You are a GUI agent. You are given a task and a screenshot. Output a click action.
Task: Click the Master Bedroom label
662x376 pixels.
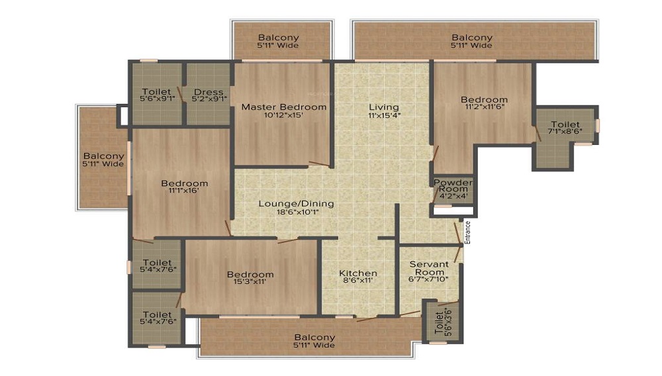coord(284,107)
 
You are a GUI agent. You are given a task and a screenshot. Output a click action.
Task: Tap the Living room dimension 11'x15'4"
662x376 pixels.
coord(384,115)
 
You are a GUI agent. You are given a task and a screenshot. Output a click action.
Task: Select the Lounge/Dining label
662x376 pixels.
coord(296,204)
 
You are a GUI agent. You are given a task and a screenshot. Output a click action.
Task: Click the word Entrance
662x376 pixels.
coord(467,232)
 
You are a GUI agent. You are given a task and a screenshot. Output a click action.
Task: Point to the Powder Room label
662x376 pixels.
coord(453,185)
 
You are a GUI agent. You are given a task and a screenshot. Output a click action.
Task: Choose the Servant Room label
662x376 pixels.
coord(429,268)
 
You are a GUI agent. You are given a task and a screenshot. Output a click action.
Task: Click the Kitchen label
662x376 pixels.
coord(358,273)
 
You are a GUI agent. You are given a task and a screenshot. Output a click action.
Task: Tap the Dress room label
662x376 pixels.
coord(209,92)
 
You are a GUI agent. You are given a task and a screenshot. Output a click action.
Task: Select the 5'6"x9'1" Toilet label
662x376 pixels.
coord(157,95)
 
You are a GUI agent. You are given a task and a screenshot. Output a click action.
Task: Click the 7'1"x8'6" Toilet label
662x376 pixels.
coord(565,128)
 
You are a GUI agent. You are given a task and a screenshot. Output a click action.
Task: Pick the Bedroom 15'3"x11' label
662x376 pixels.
coord(250,277)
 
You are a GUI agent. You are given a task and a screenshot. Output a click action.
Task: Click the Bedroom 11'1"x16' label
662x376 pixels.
coord(185,187)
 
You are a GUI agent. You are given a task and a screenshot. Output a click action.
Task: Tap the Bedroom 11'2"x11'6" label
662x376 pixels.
coord(484,103)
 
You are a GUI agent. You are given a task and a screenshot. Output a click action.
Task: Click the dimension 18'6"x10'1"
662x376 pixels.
coord(298,212)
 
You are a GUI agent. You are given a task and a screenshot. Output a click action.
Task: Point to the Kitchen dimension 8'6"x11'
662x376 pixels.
coord(358,281)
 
